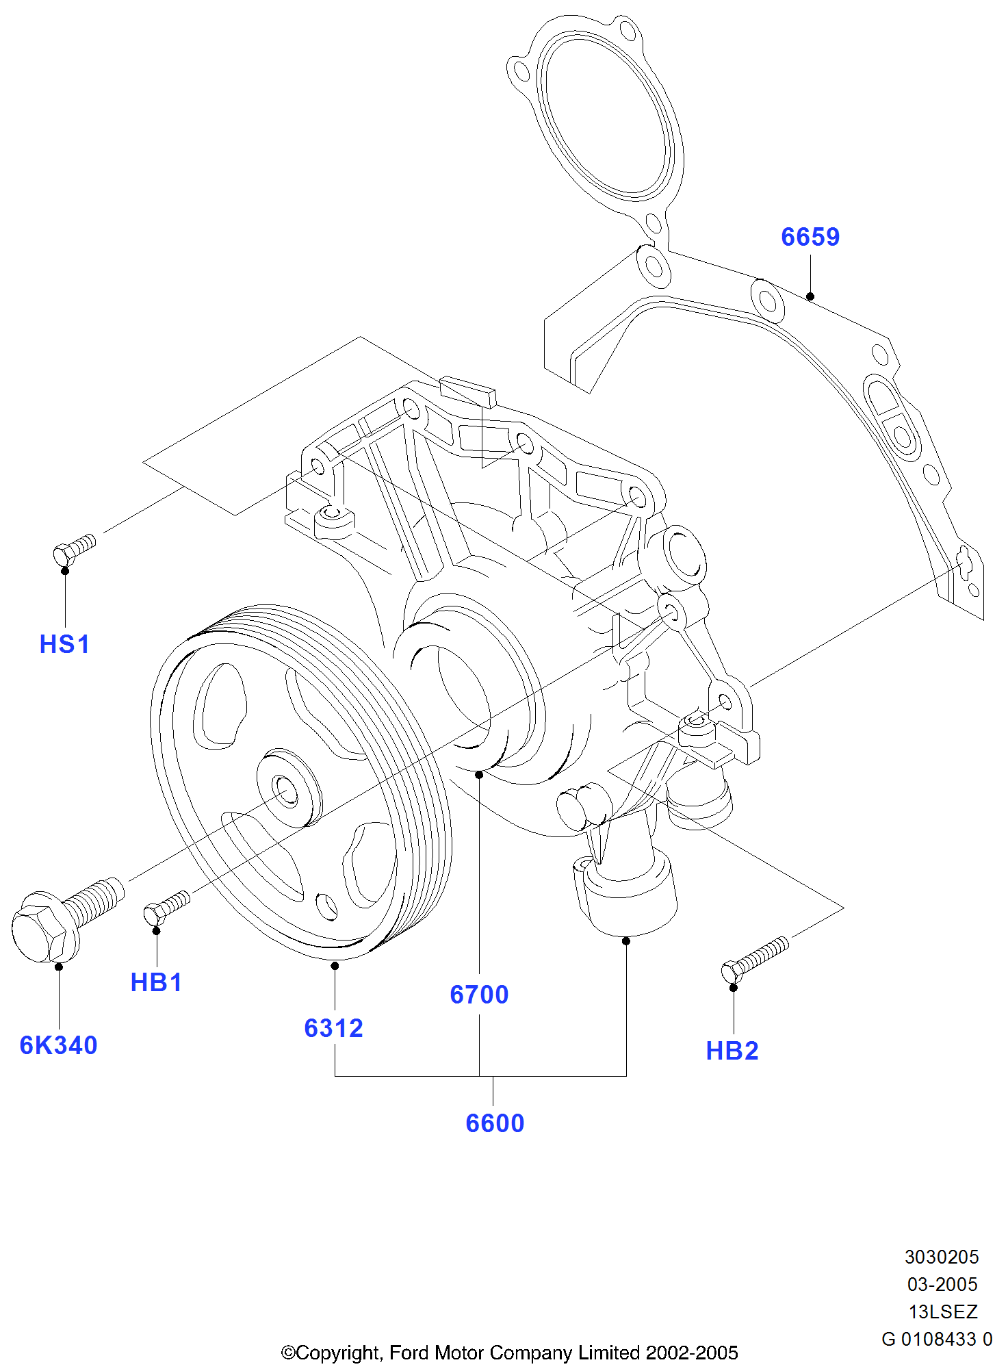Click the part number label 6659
click(810, 237)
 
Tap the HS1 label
click(64, 644)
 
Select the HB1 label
click(156, 982)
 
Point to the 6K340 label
click(58, 1045)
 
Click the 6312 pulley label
click(333, 1028)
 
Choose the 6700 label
click(479, 995)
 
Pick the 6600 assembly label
click(495, 1123)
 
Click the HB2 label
click(732, 1051)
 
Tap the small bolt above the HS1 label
click(74, 549)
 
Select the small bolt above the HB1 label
click(166, 907)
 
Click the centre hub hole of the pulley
click(284, 790)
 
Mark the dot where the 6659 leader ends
click(810, 296)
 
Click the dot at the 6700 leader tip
click(479, 774)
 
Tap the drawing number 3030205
click(942, 1257)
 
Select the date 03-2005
click(942, 1284)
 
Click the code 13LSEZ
click(943, 1312)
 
